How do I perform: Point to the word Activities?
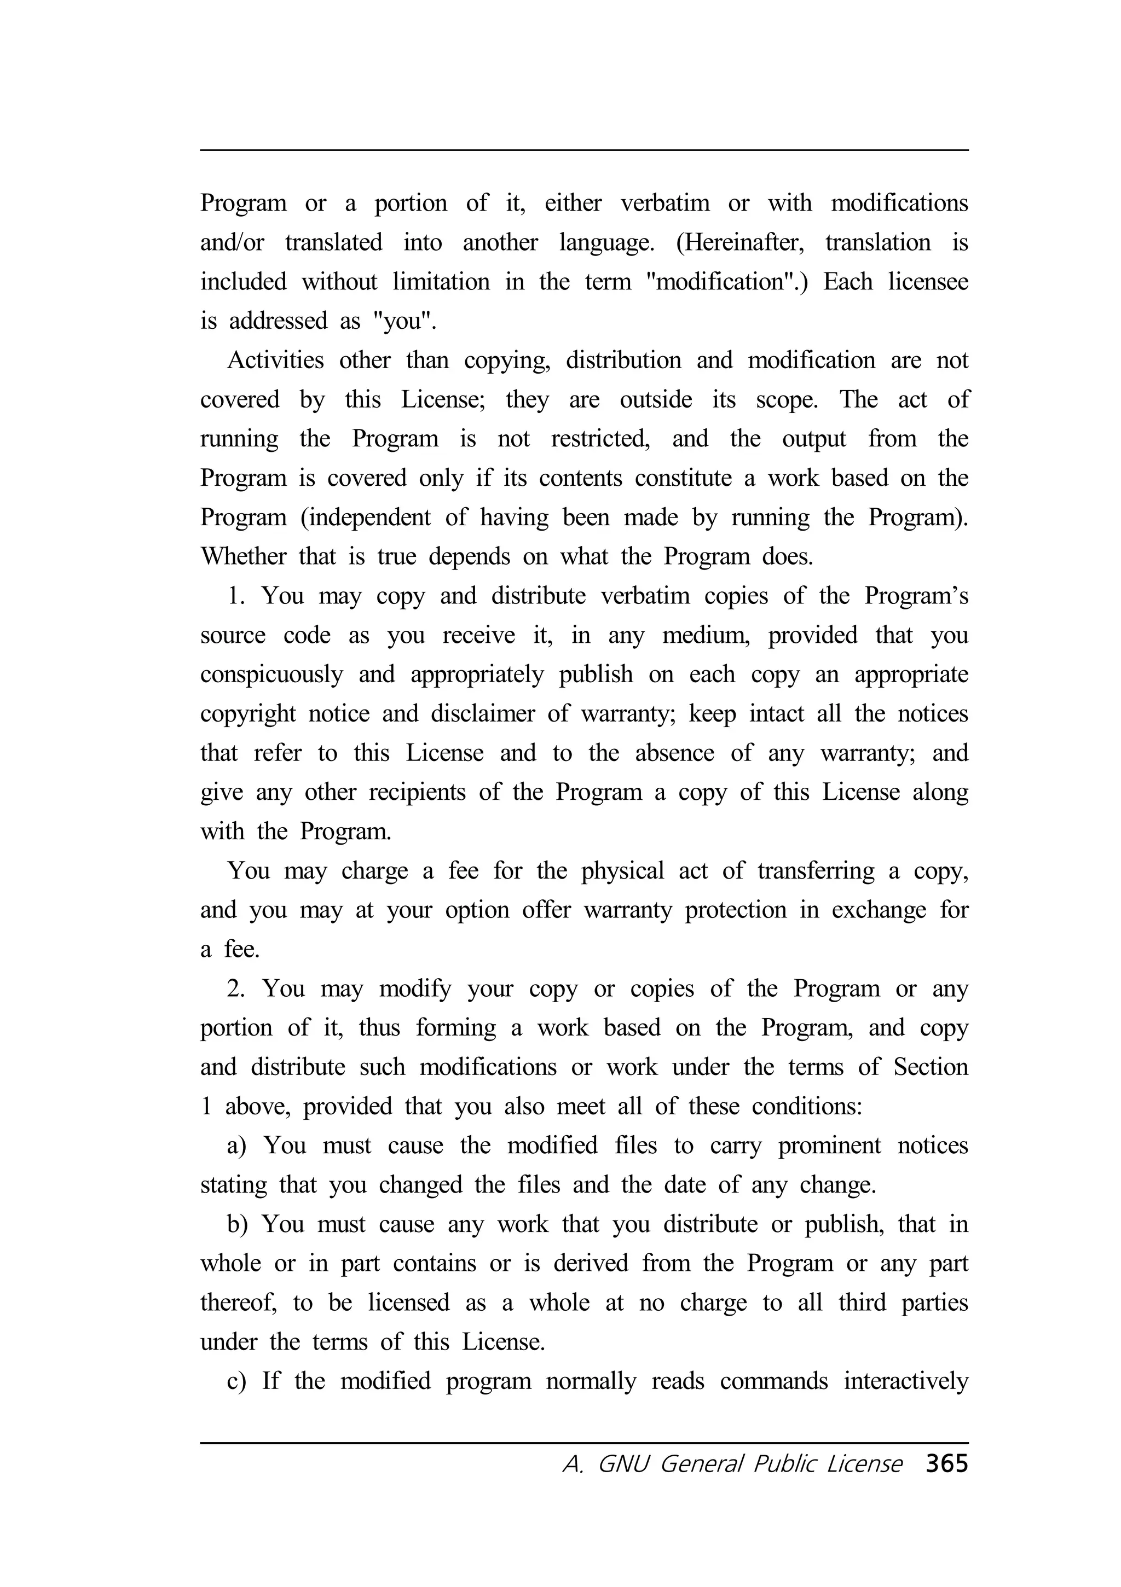click(275, 360)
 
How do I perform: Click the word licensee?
click(928, 282)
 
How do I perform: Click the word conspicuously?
click(272, 675)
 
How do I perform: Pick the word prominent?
click(829, 1146)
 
